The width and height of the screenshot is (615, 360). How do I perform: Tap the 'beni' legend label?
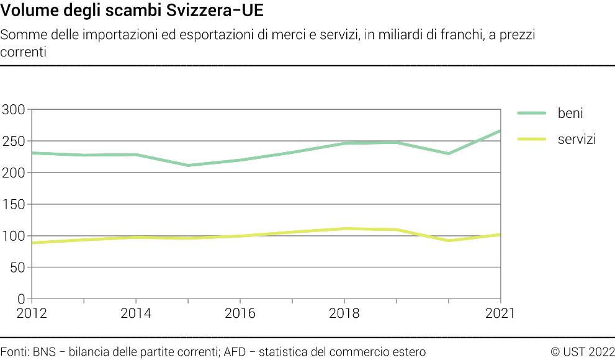(x=570, y=113)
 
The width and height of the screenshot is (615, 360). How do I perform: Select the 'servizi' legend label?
(x=577, y=139)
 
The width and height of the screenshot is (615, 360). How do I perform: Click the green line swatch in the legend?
(x=531, y=113)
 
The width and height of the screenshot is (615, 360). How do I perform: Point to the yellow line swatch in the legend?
(x=531, y=139)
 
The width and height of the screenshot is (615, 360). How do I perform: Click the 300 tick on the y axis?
(x=13, y=110)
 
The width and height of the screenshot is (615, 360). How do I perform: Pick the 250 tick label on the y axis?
(x=13, y=142)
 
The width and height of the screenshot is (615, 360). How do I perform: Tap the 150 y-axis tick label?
(x=13, y=204)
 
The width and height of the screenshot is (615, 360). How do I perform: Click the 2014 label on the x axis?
(x=135, y=313)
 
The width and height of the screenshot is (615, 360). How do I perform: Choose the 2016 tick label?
(x=240, y=313)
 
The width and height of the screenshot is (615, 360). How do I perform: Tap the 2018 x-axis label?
(x=344, y=313)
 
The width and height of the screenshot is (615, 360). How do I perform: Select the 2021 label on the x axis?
(x=500, y=313)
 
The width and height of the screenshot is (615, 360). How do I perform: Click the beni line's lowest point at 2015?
(x=188, y=166)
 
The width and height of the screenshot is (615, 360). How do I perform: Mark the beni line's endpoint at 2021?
(x=500, y=131)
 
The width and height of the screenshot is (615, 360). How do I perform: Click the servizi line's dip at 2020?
(x=448, y=241)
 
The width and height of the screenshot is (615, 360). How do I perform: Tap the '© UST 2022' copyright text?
(x=582, y=352)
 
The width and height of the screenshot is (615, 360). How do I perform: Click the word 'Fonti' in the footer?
(x=13, y=352)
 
